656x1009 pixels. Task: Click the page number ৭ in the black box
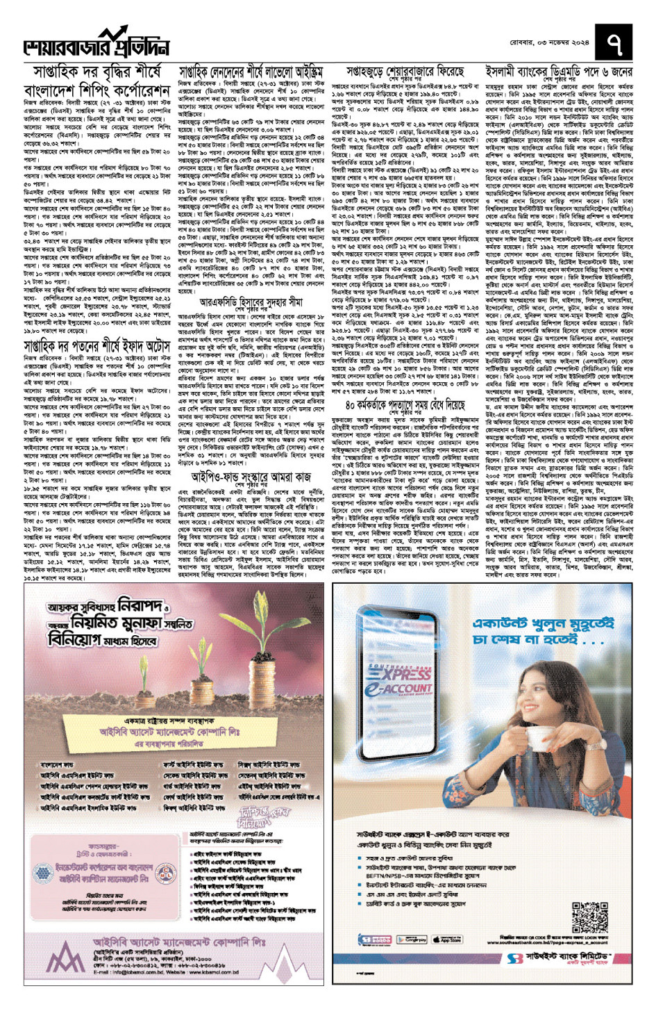pos(615,45)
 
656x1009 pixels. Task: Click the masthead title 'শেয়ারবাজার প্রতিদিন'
pos(97,47)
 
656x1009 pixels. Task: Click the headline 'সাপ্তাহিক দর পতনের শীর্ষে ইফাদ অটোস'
pos(97,346)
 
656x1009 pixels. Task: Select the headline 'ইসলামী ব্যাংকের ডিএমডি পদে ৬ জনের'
pos(559,72)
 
